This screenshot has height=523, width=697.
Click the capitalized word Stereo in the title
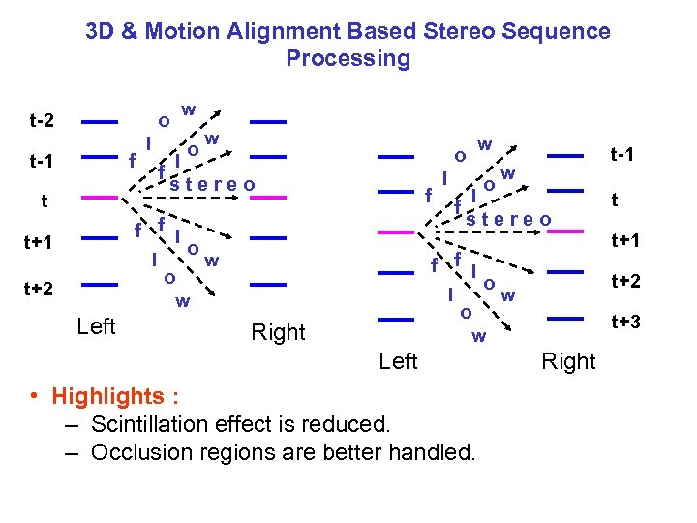458,31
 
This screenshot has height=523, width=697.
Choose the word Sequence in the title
558,31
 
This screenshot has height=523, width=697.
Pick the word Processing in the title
348,58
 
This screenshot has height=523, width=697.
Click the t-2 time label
42,122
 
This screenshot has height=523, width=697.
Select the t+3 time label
625,322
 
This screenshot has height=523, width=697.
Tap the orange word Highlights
108,397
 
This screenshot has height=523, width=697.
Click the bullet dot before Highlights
34,397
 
